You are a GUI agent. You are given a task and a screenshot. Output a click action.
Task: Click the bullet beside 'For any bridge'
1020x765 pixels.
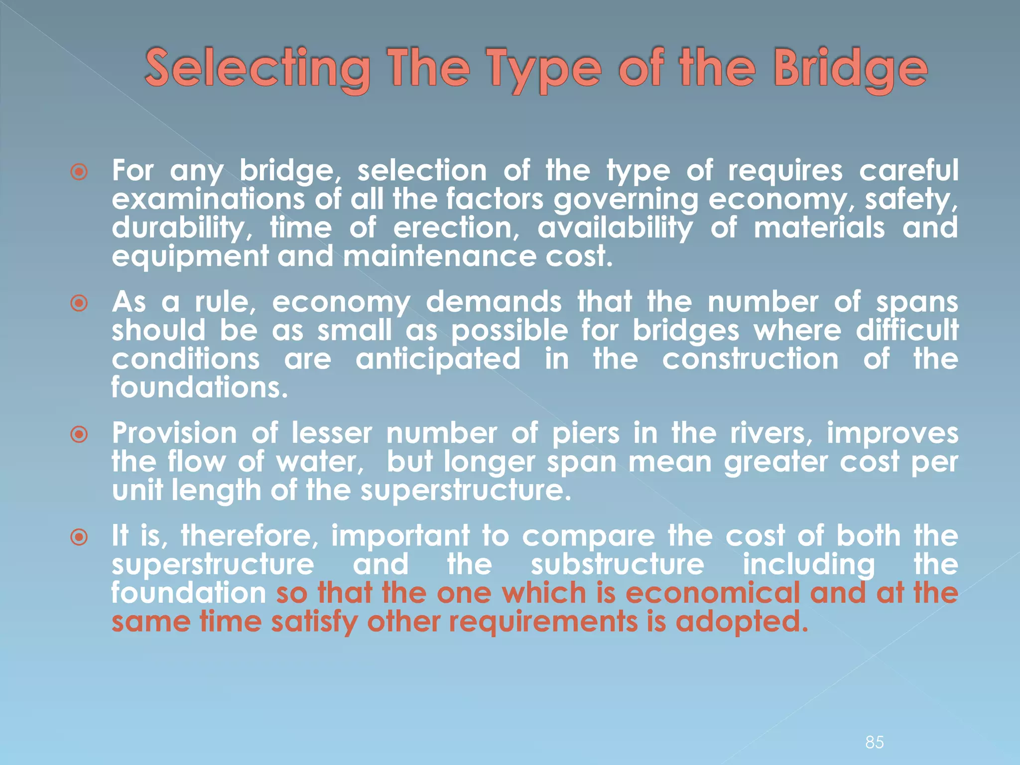[79, 172]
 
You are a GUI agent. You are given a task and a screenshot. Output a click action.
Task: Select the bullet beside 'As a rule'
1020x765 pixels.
[79, 303]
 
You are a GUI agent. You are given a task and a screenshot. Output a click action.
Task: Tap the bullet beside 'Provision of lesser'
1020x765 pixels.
[79, 435]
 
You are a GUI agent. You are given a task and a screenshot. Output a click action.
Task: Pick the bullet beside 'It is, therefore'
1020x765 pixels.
[79, 537]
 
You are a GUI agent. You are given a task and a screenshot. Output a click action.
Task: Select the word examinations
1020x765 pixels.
[208, 199]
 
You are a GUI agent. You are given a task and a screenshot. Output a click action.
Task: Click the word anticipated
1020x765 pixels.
[438, 360]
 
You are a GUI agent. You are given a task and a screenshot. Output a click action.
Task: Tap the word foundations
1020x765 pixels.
[199, 387]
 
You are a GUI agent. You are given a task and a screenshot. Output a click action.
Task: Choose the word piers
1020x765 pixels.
[585, 433]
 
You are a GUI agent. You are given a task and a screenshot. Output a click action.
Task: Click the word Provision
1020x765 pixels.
[174, 433]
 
